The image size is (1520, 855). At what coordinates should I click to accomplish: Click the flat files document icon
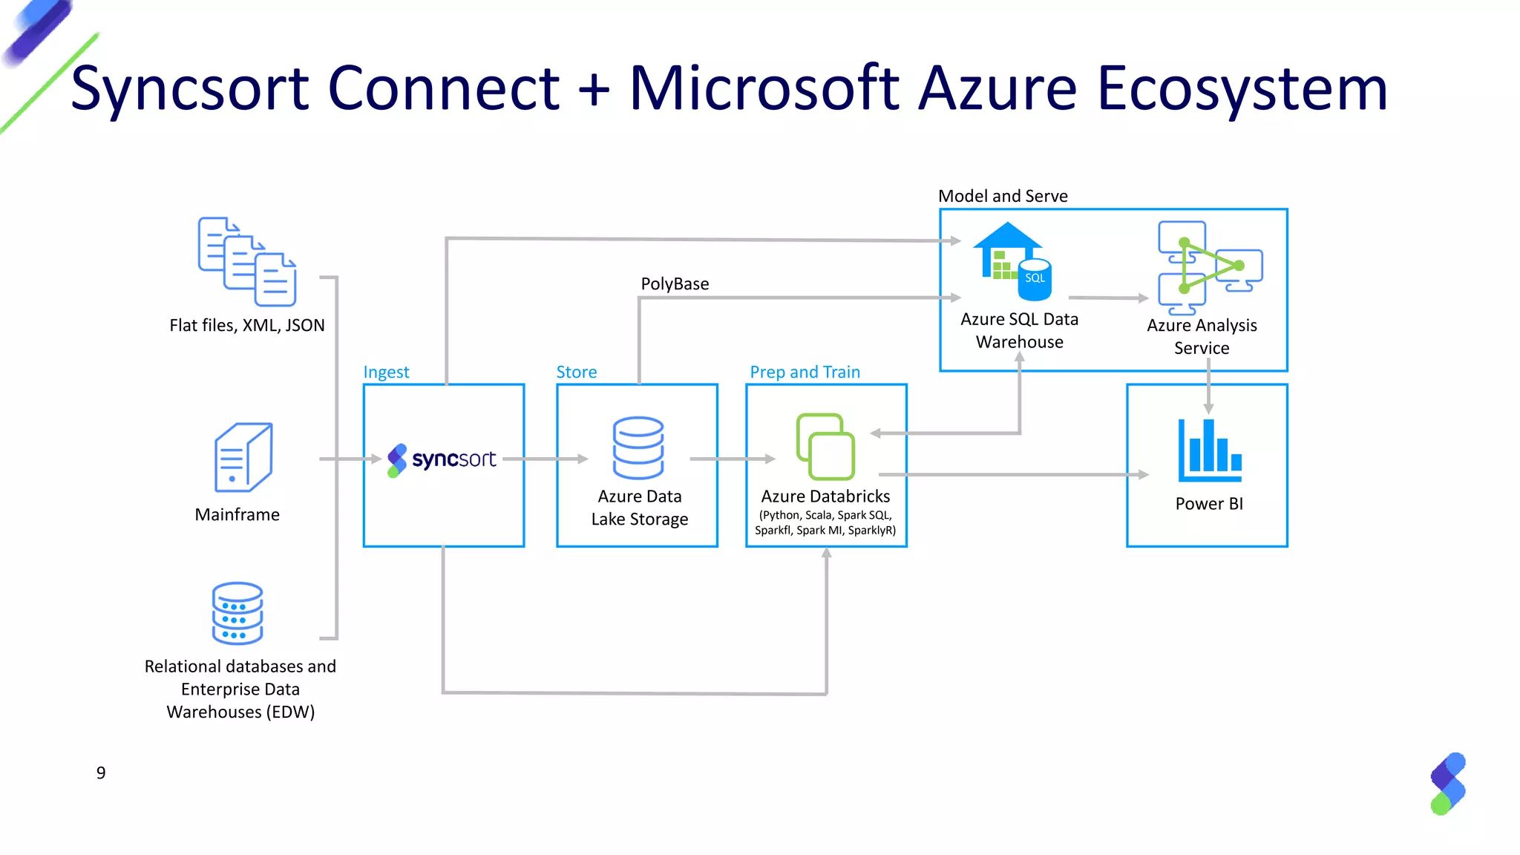247,261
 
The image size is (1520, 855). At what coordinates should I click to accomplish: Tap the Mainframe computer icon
243,457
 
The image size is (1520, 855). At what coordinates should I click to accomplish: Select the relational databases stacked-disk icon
237,613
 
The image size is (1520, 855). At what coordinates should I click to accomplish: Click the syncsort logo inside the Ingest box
442,459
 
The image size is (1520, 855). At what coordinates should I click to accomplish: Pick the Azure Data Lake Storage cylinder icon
638,448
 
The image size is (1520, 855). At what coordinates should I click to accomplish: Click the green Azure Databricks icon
825,447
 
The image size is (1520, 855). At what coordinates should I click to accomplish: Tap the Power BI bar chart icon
1209,450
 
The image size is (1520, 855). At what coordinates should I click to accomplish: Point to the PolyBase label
675,284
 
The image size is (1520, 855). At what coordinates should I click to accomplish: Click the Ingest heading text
386,372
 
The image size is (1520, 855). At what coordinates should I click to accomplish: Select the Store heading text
577,372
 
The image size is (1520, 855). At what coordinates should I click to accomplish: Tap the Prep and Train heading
805,372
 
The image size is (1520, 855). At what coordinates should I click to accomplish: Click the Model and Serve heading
1003,196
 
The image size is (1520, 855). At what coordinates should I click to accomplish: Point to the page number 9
101,773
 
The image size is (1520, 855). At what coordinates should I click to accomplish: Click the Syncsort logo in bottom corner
1448,784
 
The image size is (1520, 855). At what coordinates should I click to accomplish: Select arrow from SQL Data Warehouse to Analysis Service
1108,298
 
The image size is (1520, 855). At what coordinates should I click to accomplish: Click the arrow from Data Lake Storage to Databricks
732,459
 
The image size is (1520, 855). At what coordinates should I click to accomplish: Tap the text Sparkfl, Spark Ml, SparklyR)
825,530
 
